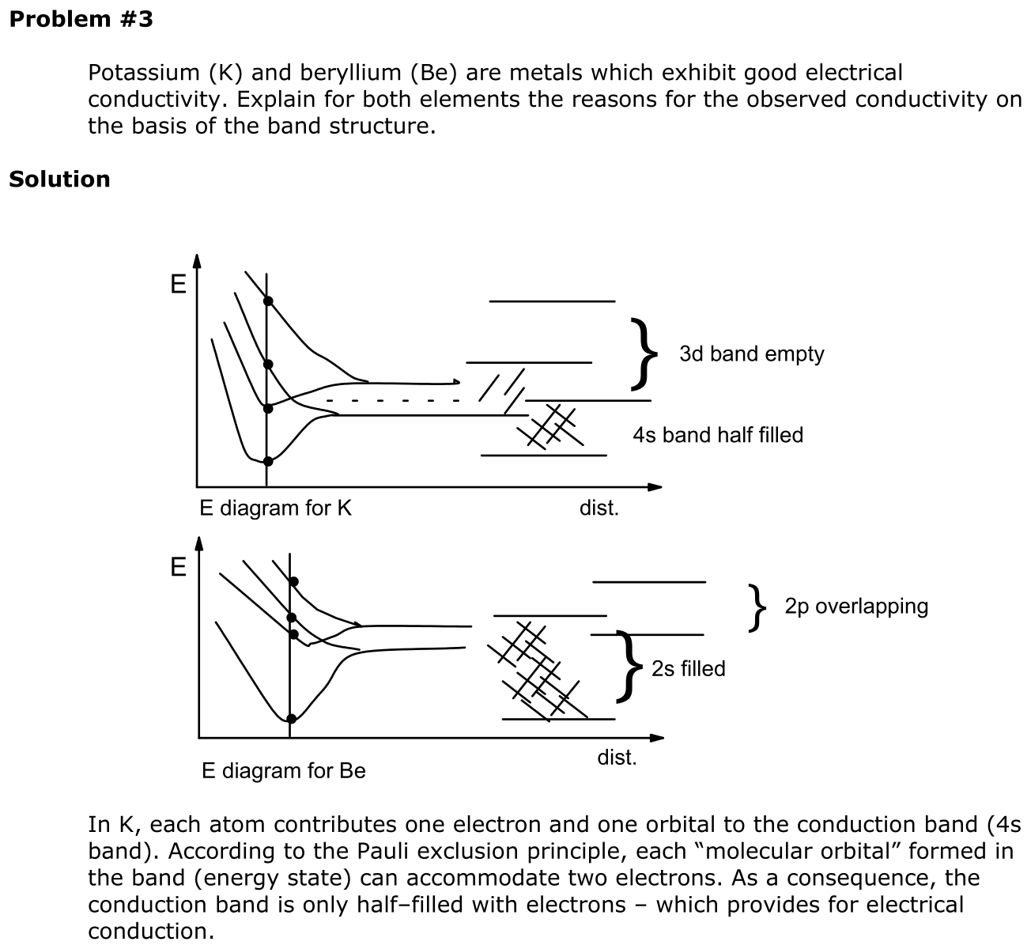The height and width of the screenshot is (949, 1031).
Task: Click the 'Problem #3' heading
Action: coord(81,20)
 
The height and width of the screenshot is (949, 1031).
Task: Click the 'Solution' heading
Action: coord(59,180)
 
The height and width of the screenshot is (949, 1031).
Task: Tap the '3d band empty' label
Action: coord(751,354)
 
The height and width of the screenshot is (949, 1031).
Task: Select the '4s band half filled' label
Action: coord(717,436)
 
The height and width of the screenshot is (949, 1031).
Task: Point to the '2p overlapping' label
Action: coord(856,607)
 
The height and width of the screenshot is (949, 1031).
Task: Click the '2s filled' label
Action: coord(688,669)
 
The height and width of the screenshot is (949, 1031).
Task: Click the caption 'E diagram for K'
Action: coord(275,509)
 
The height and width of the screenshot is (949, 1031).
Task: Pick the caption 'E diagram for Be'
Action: coord(284,771)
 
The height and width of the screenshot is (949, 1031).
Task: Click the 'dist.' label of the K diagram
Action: coord(599,509)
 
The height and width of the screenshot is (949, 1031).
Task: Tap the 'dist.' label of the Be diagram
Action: coord(617,758)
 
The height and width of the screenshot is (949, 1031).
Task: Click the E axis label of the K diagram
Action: coord(178,284)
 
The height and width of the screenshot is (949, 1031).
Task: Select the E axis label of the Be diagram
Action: coord(178,567)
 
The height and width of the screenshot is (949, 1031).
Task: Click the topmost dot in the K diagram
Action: coord(268,301)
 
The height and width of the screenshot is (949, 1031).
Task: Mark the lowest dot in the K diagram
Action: coord(268,461)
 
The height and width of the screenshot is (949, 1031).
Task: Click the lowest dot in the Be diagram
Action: coord(291,719)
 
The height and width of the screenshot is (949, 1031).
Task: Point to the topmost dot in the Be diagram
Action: coord(293,582)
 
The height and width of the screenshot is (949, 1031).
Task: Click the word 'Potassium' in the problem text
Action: coord(144,73)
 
